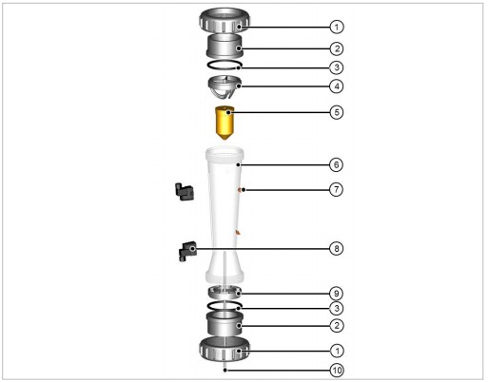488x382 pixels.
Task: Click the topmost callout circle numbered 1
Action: (337, 27)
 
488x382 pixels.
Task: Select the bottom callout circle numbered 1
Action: (337, 351)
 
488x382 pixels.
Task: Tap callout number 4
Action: (337, 86)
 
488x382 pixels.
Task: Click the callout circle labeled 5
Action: (337, 112)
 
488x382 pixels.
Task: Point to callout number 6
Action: (337, 164)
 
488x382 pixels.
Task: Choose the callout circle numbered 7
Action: (337, 190)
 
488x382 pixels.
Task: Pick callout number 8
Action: (337, 248)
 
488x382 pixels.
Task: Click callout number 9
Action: (337, 294)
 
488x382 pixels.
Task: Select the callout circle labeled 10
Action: (337, 370)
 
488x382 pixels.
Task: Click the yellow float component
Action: (224, 124)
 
